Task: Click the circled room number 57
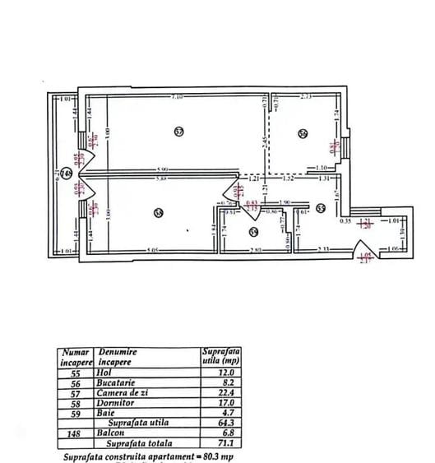point(179,131)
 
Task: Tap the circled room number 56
point(303,134)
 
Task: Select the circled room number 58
point(159,214)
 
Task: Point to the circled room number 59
point(254,232)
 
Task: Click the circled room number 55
point(321,208)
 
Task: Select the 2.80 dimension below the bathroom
point(255,249)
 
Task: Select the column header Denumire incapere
point(120,356)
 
